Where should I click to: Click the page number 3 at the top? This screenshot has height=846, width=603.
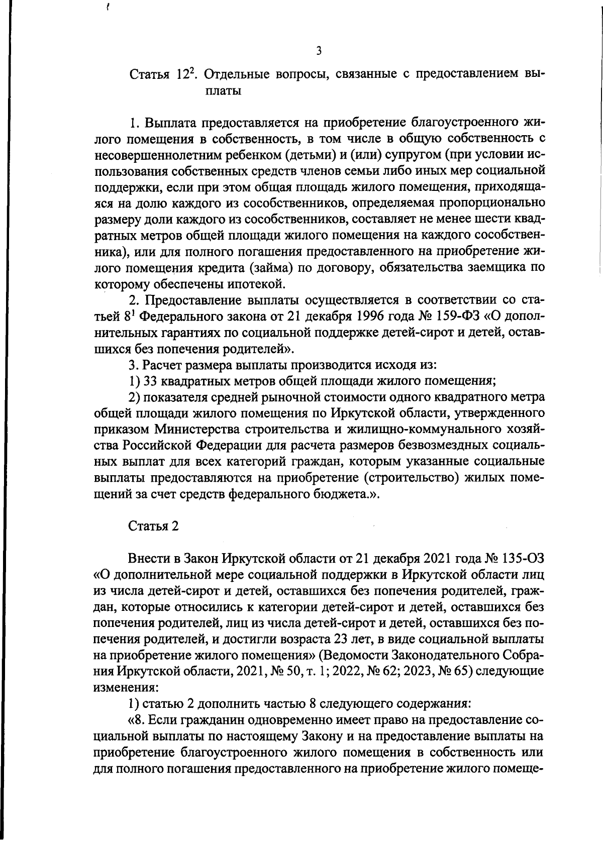coord(319,51)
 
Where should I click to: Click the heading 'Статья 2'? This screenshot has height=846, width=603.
coord(153,526)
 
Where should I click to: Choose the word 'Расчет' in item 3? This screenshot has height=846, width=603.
coord(161,364)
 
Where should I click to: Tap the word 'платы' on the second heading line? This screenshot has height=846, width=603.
coord(225,91)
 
